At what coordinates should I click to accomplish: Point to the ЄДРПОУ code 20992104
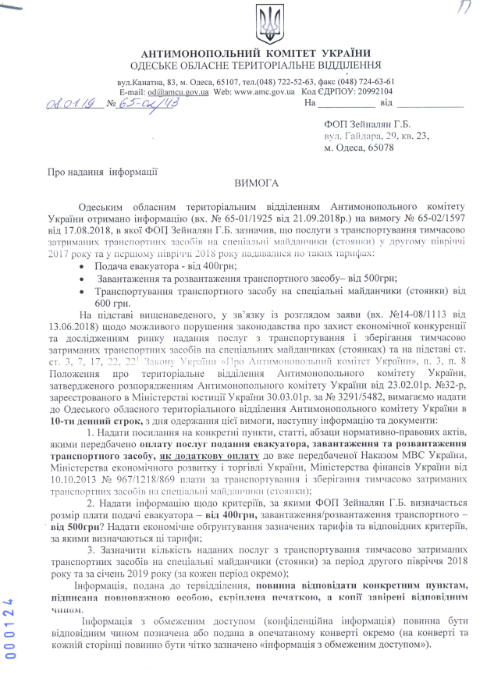370,91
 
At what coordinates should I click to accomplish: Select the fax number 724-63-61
378,81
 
